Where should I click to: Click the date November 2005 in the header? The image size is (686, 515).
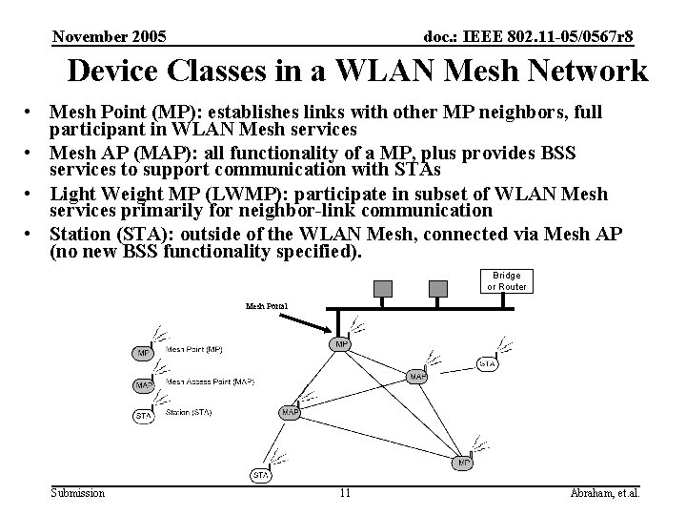pyautogui.click(x=110, y=37)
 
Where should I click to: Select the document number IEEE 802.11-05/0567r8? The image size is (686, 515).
pyautogui.click(x=528, y=37)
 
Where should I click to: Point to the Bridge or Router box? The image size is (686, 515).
pyautogui.click(x=506, y=281)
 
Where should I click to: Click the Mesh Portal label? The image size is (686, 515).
pyautogui.click(x=266, y=306)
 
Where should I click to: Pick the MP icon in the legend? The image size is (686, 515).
pyautogui.click(x=143, y=353)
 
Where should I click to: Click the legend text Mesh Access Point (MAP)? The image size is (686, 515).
pyautogui.click(x=210, y=381)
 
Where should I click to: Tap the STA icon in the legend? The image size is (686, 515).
pyautogui.click(x=144, y=416)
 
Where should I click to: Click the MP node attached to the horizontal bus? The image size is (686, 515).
pyautogui.click(x=341, y=343)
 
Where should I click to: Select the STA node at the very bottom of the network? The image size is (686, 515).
pyautogui.click(x=260, y=475)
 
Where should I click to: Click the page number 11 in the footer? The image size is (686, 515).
pyautogui.click(x=345, y=493)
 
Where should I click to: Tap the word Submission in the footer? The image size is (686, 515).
pyautogui.click(x=78, y=493)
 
